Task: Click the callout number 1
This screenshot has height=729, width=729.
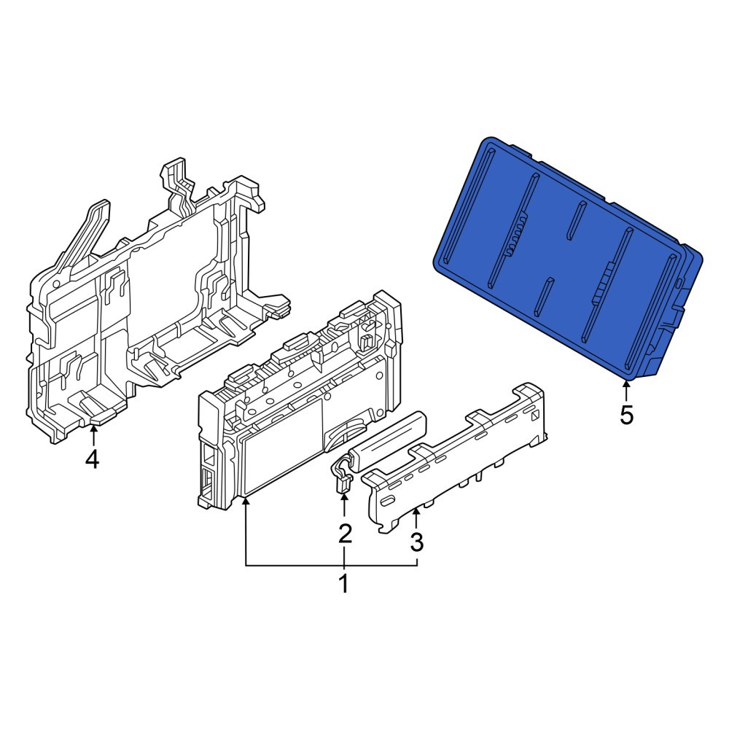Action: click(343, 584)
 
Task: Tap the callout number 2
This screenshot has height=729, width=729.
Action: click(345, 534)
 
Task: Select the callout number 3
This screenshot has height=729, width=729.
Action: click(416, 541)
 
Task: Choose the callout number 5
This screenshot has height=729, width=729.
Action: click(626, 415)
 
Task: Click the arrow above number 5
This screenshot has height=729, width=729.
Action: click(625, 390)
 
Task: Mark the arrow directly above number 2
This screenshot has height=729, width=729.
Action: click(344, 506)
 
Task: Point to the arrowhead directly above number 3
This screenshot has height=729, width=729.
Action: click(416, 512)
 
